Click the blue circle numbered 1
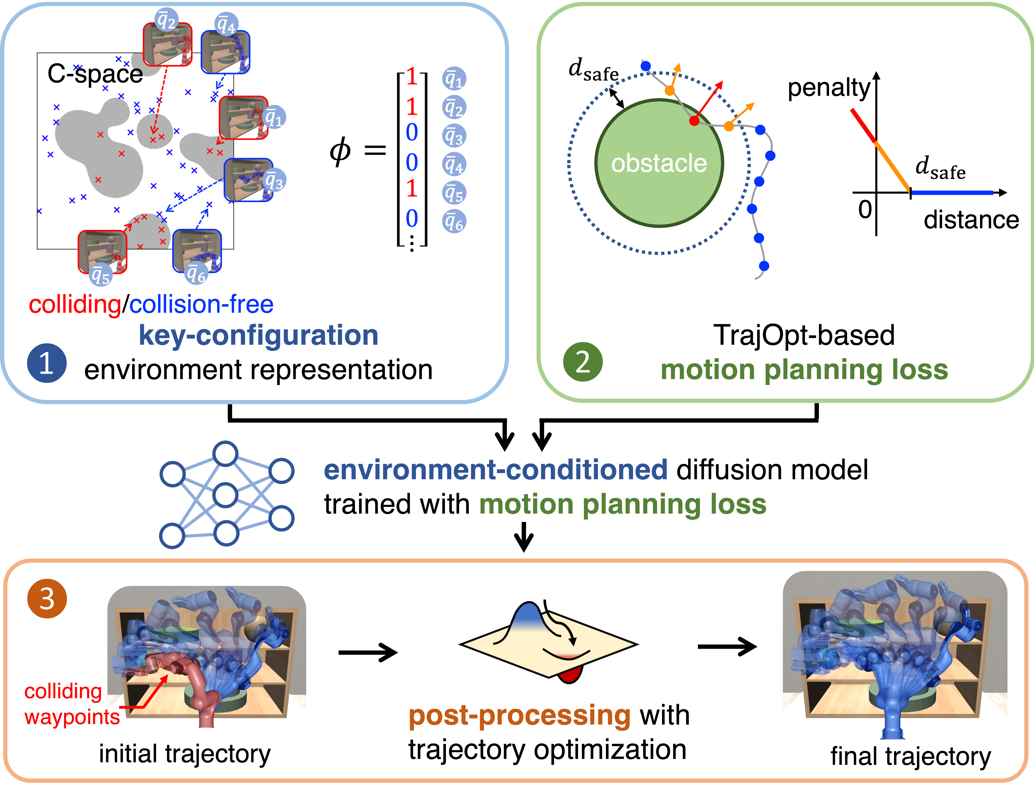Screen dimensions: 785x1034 point(46,363)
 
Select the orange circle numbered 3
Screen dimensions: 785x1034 point(47,599)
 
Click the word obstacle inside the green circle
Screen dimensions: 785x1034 point(659,163)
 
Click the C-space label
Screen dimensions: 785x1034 point(95,74)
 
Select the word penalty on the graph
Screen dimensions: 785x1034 point(828,87)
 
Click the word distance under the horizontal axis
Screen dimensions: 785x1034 point(971,219)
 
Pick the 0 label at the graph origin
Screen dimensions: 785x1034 point(865,209)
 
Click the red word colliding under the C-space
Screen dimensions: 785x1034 point(75,305)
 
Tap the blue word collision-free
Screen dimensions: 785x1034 point(201,305)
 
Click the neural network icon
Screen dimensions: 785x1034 point(226,494)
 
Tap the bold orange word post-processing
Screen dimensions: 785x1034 point(519,715)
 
